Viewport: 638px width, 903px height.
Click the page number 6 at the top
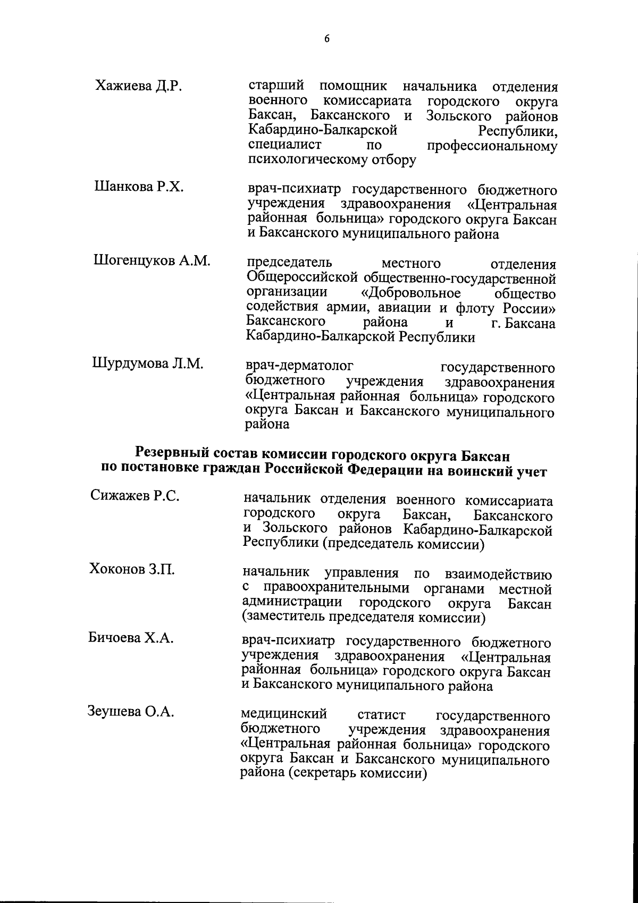(327, 38)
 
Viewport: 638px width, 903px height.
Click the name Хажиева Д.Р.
(139, 87)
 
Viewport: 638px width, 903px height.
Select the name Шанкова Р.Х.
(139, 187)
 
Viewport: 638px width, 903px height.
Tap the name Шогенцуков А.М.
(152, 261)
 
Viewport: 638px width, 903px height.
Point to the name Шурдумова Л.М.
(148, 364)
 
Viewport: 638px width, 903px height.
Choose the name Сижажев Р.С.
(135, 496)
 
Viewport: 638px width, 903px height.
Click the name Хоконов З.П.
(132, 570)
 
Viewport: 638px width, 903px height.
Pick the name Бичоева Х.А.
(131, 638)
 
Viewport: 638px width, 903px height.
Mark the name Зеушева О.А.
(131, 711)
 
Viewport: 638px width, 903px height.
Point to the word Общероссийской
(301, 279)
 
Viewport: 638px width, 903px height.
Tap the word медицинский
(284, 714)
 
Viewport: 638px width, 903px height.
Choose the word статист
(381, 715)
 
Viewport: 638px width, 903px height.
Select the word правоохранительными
(335, 589)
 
